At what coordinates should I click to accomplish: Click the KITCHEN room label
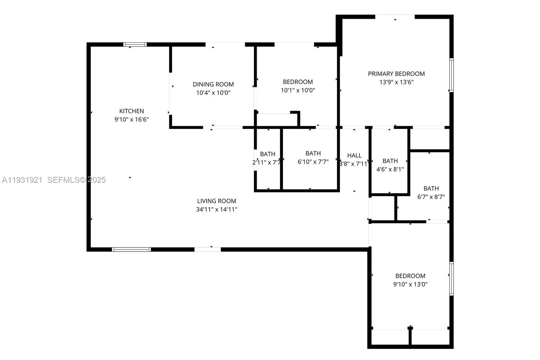coord(132,111)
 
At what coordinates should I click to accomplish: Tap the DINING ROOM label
coord(213,84)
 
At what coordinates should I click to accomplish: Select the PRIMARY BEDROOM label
coord(396,74)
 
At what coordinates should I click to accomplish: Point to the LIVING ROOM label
coord(216,201)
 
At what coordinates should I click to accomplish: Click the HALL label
coord(354,155)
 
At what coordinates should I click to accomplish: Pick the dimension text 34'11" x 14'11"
coord(216,209)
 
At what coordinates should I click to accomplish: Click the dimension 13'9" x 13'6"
coord(396,82)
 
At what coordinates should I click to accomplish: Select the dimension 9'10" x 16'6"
coord(132,120)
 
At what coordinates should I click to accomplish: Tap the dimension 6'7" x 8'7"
coord(431,197)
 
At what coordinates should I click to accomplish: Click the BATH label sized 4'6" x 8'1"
coord(390,161)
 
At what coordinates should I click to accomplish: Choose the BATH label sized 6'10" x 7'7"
coord(313,153)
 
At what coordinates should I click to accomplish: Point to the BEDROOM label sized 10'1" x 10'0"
coord(298,82)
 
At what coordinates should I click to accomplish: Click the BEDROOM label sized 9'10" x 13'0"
coord(410,276)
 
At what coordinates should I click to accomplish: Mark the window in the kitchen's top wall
coord(135,44)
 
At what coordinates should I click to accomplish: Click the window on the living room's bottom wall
coord(131,250)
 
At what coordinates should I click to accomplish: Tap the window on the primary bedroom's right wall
coord(451,75)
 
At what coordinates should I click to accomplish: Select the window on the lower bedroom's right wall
coord(451,279)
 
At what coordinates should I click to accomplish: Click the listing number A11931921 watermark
coord(22,180)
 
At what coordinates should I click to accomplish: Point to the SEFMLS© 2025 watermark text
coord(76,180)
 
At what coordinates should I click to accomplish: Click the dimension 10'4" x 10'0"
coord(213,93)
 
